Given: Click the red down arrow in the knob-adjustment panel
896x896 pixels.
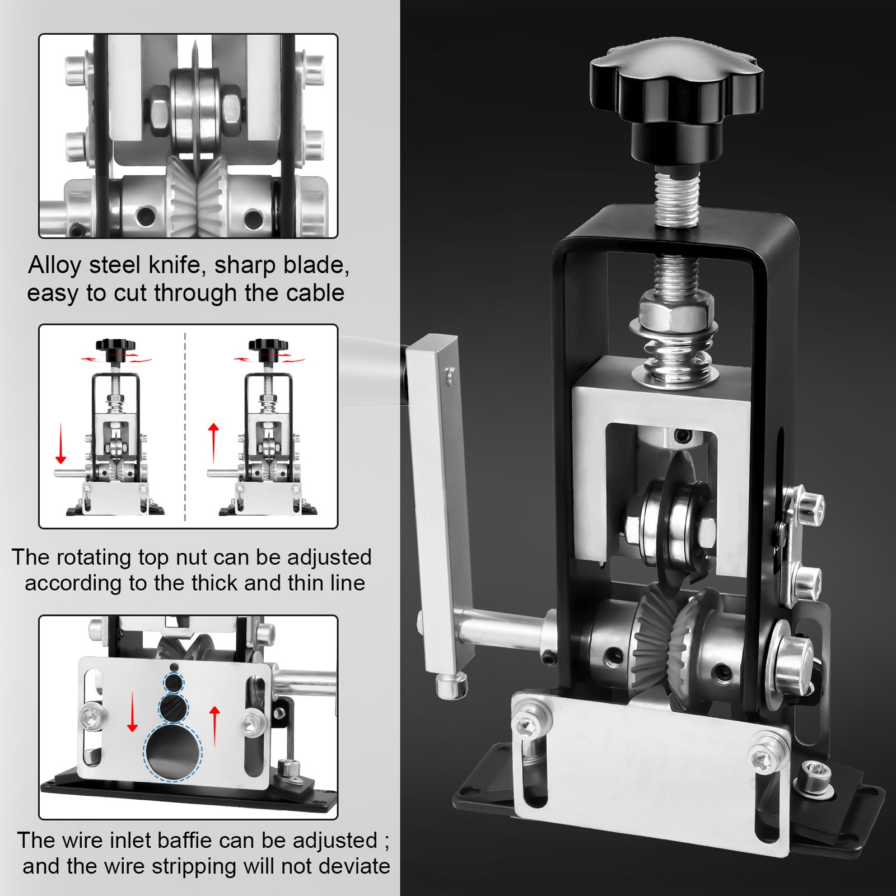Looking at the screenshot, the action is click(60, 444).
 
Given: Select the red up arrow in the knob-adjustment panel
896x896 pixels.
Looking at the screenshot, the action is click(213, 444).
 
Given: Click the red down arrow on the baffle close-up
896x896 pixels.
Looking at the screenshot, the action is click(133, 711).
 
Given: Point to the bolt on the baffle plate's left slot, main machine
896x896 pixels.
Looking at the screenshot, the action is click(528, 726).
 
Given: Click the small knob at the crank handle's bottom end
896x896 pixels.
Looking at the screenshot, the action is click(451, 686).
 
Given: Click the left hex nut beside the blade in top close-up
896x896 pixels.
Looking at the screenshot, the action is click(157, 110).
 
